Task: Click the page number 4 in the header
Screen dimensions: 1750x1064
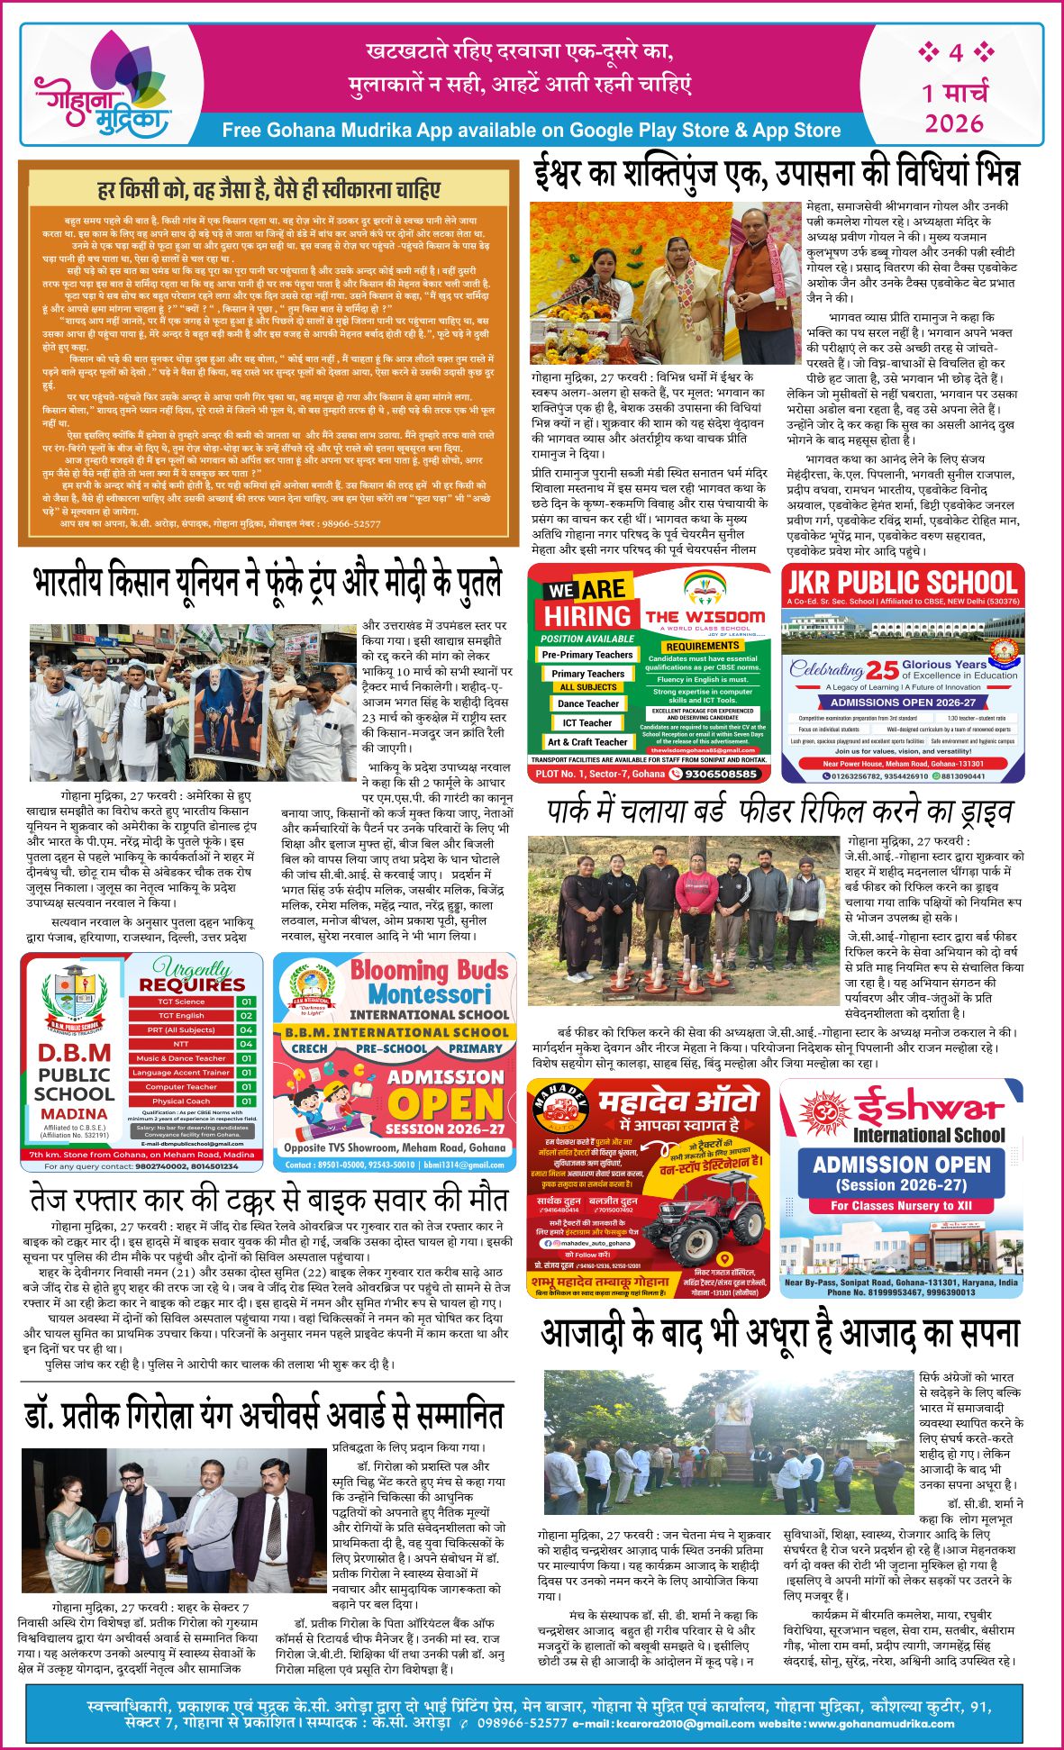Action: coord(956,52)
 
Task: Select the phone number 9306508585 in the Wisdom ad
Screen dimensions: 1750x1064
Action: coord(721,773)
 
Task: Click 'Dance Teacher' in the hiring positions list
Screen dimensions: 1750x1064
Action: coord(588,703)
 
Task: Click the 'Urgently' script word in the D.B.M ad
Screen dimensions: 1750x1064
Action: coord(191,968)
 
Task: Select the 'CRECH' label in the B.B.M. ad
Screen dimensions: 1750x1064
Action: coord(309,1048)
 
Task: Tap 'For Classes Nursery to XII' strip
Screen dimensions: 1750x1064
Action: coord(901,1205)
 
